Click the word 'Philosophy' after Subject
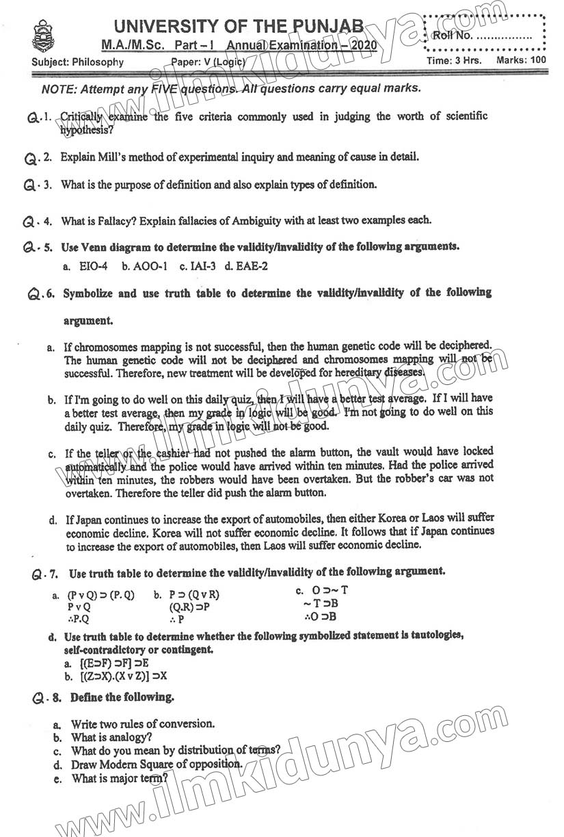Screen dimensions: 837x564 coord(96,62)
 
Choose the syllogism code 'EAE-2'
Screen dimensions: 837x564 coord(254,266)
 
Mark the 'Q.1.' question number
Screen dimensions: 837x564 coord(40,118)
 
